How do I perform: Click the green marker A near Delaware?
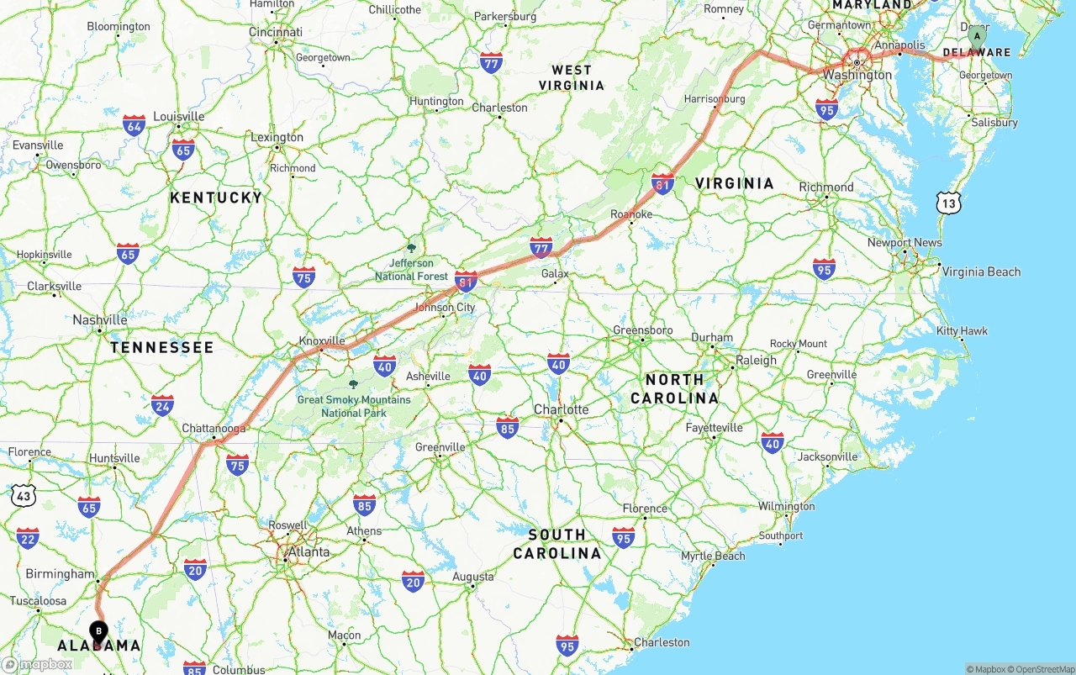tap(976, 36)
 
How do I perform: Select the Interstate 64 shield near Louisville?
tap(134, 126)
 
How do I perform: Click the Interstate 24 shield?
tap(162, 406)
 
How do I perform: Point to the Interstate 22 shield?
tap(28, 538)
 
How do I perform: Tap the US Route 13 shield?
tap(949, 203)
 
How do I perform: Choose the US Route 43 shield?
tap(24, 496)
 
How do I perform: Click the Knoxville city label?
tap(322, 341)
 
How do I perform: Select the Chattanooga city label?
tap(214, 429)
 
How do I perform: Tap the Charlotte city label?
tap(561, 409)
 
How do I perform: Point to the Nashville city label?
tap(100, 319)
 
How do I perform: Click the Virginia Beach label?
tap(981, 272)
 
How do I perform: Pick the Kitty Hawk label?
tap(963, 331)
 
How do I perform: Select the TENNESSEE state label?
tap(162, 347)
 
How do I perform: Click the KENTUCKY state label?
tap(216, 198)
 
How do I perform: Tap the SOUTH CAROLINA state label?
tap(556, 544)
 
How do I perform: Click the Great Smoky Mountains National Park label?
tap(354, 406)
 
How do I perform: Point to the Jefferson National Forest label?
tap(412, 270)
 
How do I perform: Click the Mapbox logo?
tap(37, 664)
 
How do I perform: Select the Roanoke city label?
tap(631, 214)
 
